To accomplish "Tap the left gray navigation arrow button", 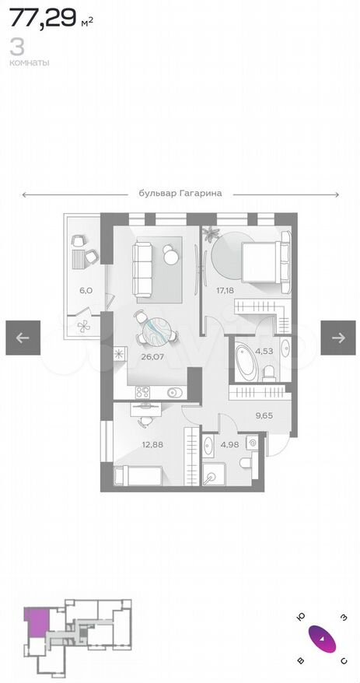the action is [23, 338].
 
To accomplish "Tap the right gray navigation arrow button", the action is [338, 338].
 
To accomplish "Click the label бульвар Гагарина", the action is [180, 194].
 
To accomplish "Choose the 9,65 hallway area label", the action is [264, 415].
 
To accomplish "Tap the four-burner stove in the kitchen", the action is [143, 393].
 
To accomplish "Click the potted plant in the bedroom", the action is [212, 234].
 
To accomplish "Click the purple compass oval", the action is [322, 639].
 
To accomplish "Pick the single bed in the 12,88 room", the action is [138, 475].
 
